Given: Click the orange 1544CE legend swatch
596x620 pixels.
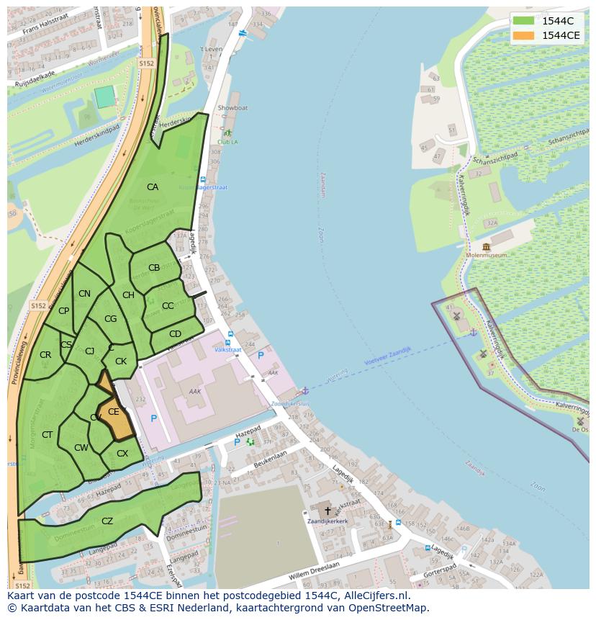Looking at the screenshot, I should (x=523, y=35).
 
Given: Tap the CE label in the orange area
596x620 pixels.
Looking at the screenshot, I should (x=113, y=412).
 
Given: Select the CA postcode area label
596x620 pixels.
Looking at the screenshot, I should (x=152, y=187).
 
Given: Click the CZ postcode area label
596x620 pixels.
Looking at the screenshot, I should (x=107, y=521).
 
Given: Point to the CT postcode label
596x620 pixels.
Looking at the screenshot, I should (x=47, y=435).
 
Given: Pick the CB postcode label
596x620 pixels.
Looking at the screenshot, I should (x=153, y=268).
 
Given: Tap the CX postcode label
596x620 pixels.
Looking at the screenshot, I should (x=122, y=454).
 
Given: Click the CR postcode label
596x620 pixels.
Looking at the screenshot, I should (x=45, y=355).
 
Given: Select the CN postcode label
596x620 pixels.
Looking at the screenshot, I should (x=84, y=294).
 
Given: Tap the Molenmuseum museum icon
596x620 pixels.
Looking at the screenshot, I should (x=487, y=247).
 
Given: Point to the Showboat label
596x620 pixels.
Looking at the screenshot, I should (x=232, y=108).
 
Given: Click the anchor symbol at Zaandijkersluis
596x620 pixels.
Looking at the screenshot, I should (x=304, y=390).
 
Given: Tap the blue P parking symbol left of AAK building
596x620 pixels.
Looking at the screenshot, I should (x=153, y=418).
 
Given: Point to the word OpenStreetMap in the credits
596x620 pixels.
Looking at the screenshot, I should (x=388, y=608).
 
